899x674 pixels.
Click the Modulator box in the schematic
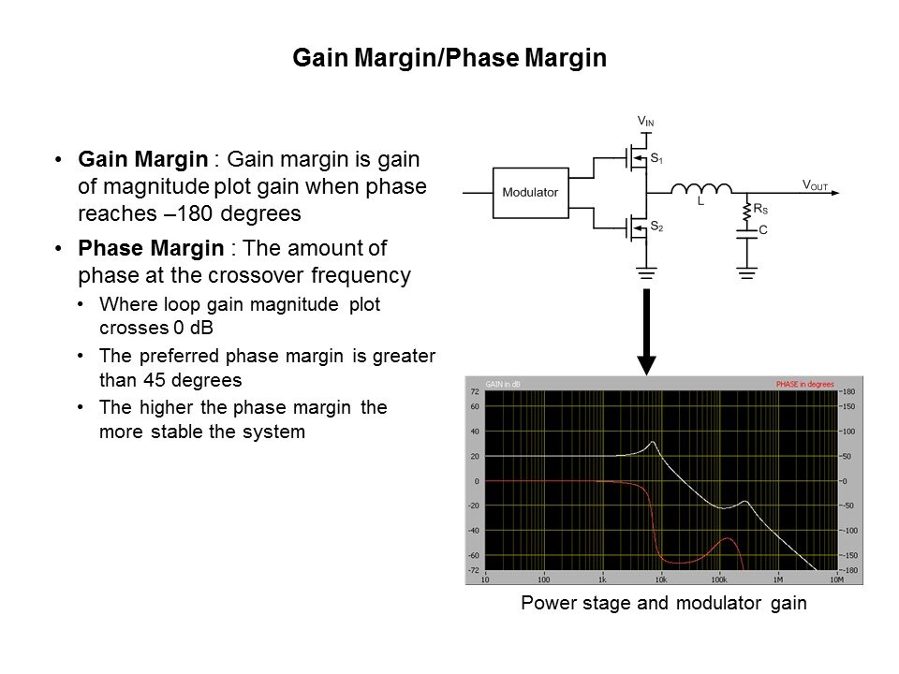(x=530, y=193)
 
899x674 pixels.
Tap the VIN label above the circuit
(x=645, y=121)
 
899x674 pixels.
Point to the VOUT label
(x=815, y=184)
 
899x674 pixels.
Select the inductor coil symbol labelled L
(x=701, y=188)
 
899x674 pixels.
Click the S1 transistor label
(x=656, y=158)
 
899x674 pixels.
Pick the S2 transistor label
(x=656, y=227)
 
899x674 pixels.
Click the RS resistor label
(x=760, y=209)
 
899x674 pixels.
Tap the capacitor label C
(x=762, y=230)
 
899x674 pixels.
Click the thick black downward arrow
(x=646, y=331)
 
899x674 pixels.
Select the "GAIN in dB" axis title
(x=503, y=384)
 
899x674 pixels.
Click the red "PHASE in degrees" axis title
(x=805, y=384)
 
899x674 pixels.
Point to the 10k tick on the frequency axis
(x=660, y=579)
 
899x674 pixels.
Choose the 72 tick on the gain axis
(x=475, y=391)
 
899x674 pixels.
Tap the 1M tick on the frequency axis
(x=778, y=579)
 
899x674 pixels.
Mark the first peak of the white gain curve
(x=653, y=442)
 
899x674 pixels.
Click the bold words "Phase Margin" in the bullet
(x=151, y=248)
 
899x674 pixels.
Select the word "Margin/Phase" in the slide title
(x=437, y=58)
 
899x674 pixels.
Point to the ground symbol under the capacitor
(x=746, y=272)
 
